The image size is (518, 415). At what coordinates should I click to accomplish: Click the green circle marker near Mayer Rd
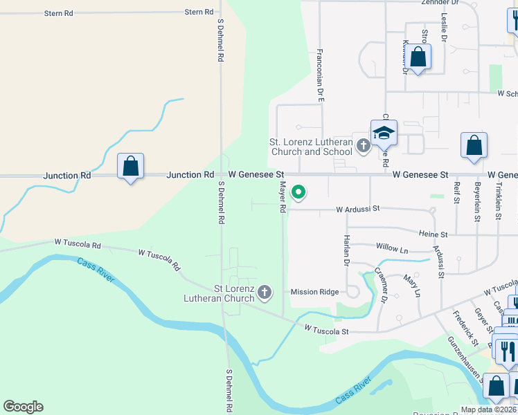pyautogui.click(x=298, y=192)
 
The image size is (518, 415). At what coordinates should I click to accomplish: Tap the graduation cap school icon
pyautogui.click(x=383, y=132)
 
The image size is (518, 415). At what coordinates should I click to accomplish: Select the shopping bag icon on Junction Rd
pyautogui.click(x=130, y=167)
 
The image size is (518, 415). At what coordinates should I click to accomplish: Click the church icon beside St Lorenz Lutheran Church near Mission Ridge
pyautogui.click(x=264, y=293)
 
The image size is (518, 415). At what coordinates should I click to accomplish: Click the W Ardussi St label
pyautogui.click(x=359, y=208)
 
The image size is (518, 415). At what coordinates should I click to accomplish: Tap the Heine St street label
pyautogui.click(x=434, y=235)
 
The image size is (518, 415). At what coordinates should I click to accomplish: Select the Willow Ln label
pyautogui.click(x=392, y=247)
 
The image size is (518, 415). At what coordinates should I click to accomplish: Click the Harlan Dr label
pyautogui.click(x=346, y=250)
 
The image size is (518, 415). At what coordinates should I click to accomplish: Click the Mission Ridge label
pyautogui.click(x=314, y=292)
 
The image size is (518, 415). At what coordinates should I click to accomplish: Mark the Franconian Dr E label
pyautogui.click(x=321, y=75)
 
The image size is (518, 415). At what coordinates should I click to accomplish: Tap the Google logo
pyautogui.click(x=23, y=407)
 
